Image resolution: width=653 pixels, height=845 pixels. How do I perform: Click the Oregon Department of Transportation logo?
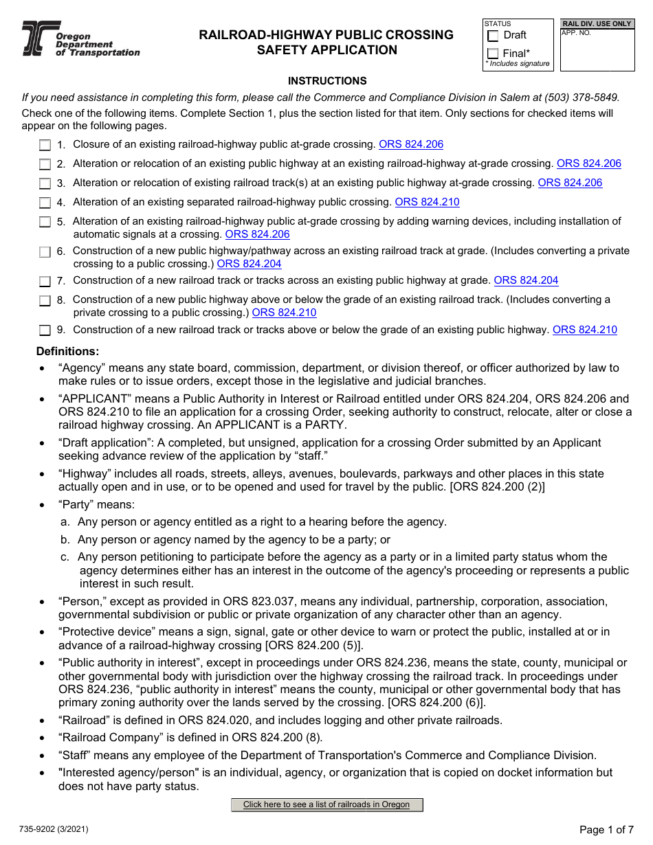[x=80, y=39]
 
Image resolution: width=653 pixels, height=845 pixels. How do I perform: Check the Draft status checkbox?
[x=493, y=36]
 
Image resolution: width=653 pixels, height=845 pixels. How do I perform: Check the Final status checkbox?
[x=493, y=54]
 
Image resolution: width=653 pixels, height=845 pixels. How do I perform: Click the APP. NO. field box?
[x=596, y=50]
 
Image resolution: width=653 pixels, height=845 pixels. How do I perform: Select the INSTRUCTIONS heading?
[x=327, y=81]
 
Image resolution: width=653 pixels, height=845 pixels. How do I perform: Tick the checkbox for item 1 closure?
[x=45, y=145]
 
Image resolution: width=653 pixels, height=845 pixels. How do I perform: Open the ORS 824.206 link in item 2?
[x=588, y=164]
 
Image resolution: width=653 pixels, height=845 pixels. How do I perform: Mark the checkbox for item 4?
[x=45, y=203]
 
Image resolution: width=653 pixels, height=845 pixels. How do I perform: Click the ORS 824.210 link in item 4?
[x=427, y=202]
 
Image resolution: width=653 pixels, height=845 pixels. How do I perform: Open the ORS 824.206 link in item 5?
[x=257, y=234]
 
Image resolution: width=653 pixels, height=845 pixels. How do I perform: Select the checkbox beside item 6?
[x=45, y=252]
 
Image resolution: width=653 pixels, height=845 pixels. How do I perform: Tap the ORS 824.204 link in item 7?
[x=526, y=280]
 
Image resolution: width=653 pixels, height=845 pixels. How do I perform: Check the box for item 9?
[x=45, y=330]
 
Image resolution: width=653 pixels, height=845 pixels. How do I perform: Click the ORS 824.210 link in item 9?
[x=584, y=330]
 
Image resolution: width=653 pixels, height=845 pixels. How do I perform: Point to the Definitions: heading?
[x=67, y=352]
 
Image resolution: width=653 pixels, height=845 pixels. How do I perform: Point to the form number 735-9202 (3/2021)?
[x=55, y=829]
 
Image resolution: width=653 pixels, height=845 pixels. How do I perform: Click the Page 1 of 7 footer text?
[x=606, y=829]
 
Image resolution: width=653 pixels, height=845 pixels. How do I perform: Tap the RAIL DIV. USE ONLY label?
[x=596, y=24]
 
